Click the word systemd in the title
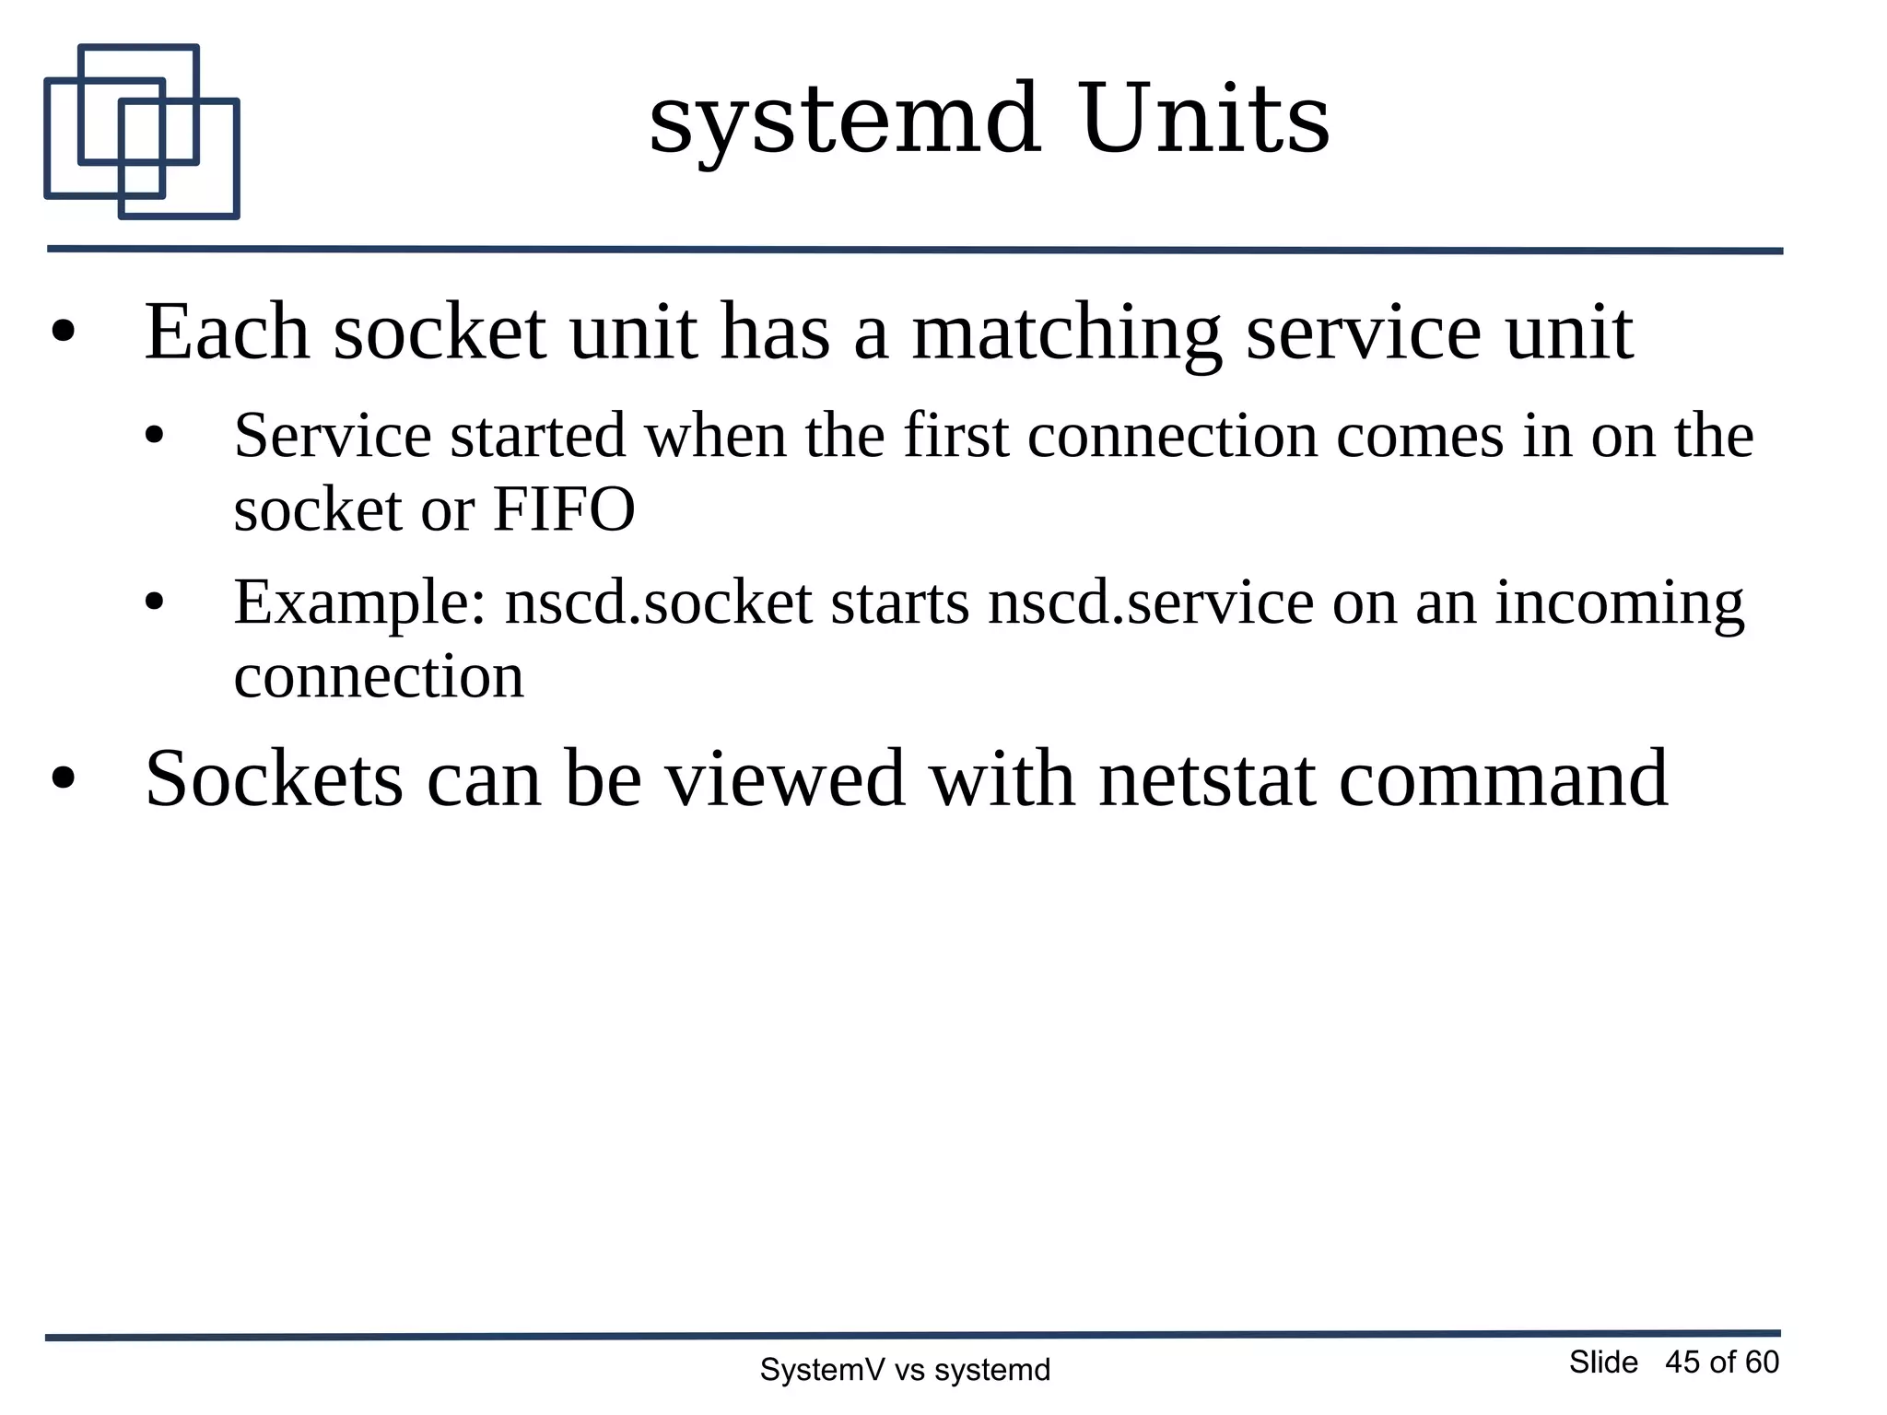click(x=844, y=120)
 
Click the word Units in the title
click(x=1204, y=120)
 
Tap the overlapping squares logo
click(x=142, y=132)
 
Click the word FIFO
click(x=564, y=509)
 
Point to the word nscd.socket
click(x=658, y=603)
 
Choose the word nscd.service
click(x=1150, y=603)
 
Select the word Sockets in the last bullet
click(x=274, y=779)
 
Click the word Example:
click(x=359, y=603)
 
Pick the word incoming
click(x=1619, y=603)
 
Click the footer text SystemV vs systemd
click(x=904, y=1370)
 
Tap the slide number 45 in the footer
click(x=1682, y=1362)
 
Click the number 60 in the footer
click(x=1762, y=1362)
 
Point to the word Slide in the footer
click(x=1603, y=1362)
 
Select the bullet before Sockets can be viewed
click(x=63, y=779)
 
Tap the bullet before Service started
click(x=154, y=437)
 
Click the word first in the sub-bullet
click(x=955, y=436)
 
